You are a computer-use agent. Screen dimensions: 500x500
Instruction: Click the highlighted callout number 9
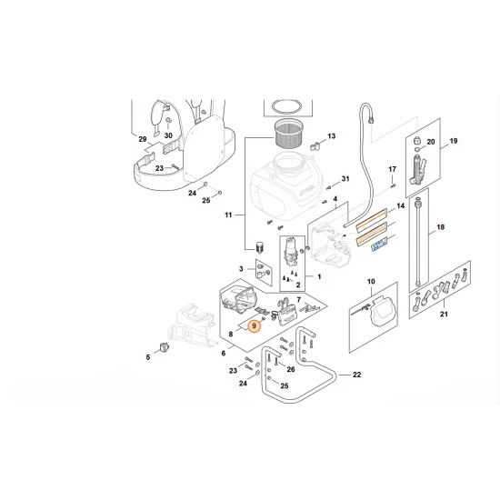pyautogui.click(x=255, y=325)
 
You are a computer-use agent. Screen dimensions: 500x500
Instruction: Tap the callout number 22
pyautogui.click(x=357, y=375)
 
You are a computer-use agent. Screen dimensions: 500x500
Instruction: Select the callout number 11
pyautogui.click(x=228, y=215)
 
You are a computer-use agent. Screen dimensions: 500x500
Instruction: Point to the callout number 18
pyautogui.click(x=440, y=227)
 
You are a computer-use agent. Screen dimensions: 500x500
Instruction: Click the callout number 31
pyautogui.click(x=345, y=179)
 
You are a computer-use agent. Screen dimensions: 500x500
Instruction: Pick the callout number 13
pyautogui.click(x=332, y=136)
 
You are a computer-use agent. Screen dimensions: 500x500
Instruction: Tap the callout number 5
pyautogui.click(x=148, y=357)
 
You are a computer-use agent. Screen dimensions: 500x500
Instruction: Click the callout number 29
pyautogui.click(x=143, y=139)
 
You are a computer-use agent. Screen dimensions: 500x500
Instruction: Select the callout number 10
pyautogui.click(x=371, y=282)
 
